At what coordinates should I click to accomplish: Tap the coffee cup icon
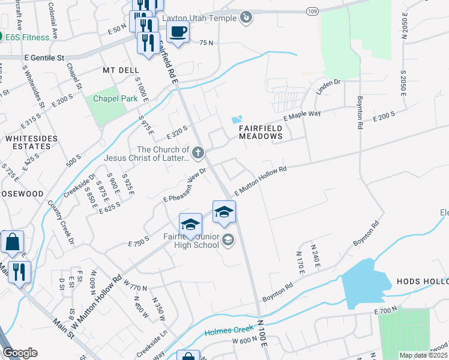(x=178, y=32)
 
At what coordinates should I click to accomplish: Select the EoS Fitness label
(x=28, y=37)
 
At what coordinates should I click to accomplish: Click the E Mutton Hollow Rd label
(x=261, y=180)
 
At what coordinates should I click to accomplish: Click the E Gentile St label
(x=44, y=58)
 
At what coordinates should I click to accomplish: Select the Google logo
(x=20, y=353)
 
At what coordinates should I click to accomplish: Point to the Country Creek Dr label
(x=62, y=221)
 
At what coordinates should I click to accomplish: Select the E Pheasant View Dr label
(x=184, y=185)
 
